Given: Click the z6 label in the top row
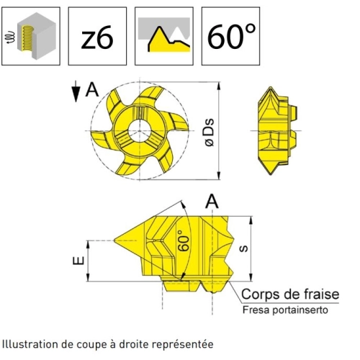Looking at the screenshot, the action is coord(97,37).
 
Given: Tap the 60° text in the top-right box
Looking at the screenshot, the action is coord(231,36).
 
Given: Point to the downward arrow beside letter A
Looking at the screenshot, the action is coord(76,91).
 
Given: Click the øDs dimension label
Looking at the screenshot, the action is coord(209,132).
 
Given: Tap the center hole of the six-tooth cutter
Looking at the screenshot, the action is coord(140,131).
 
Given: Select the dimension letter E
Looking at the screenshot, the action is coord(78,261).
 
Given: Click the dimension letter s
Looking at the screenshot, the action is coord(244,248).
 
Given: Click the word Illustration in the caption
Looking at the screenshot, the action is coord(30,344).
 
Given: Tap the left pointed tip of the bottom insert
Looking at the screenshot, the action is coord(114,240).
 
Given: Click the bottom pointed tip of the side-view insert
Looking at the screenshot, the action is coord(271,174).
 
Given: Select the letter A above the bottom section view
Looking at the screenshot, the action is coord(212,202).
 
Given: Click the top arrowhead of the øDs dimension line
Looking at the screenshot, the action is coord(218,86).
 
